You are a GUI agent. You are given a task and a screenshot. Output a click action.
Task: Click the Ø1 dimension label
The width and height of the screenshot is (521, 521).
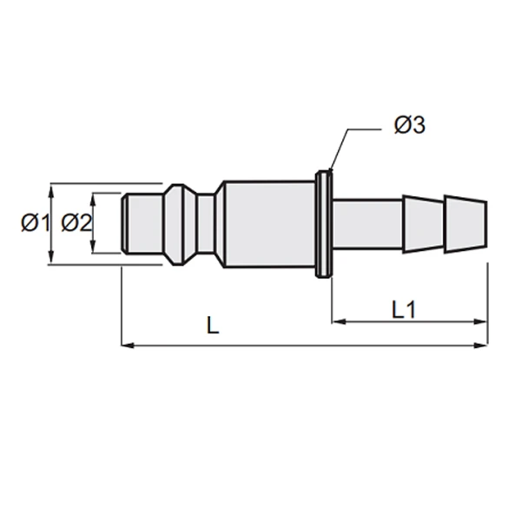(36, 222)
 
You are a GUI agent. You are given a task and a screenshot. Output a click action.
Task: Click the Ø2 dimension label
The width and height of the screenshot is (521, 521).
(76, 222)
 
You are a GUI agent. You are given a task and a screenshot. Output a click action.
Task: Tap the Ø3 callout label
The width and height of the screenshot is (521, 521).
(410, 125)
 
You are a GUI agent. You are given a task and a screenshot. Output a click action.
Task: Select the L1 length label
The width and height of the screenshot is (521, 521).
(404, 310)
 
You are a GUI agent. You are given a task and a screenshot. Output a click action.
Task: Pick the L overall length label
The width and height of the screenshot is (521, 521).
(213, 326)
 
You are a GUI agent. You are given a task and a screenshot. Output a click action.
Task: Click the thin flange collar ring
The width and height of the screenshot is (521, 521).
(324, 224)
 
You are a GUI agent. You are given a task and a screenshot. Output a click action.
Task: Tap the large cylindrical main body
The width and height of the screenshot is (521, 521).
(269, 224)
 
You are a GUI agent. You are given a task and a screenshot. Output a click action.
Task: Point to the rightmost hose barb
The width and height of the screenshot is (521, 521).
(466, 225)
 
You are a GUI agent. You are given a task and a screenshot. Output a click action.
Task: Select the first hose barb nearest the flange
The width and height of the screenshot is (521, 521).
(424, 224)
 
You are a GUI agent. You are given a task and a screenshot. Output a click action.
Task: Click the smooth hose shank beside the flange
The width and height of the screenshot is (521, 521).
(367, 224)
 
